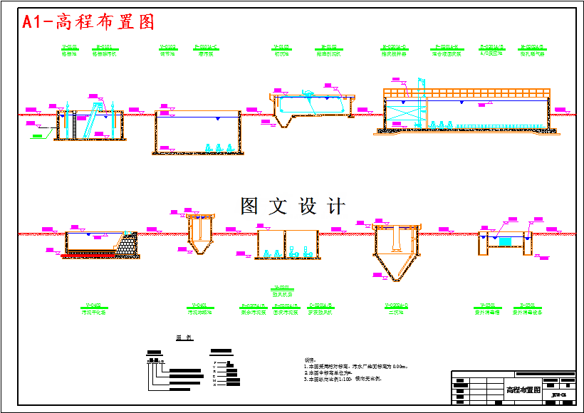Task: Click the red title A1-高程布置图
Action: (x=88, y=22)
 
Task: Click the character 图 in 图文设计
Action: (x=249, y=206)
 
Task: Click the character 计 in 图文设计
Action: (x=335, y=206)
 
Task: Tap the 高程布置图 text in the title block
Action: (x=523, y=390)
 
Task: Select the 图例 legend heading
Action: (x=184, y=338)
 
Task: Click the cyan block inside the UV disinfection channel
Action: (x=505, y=242)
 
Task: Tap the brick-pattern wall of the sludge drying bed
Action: (x=128, y=244)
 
